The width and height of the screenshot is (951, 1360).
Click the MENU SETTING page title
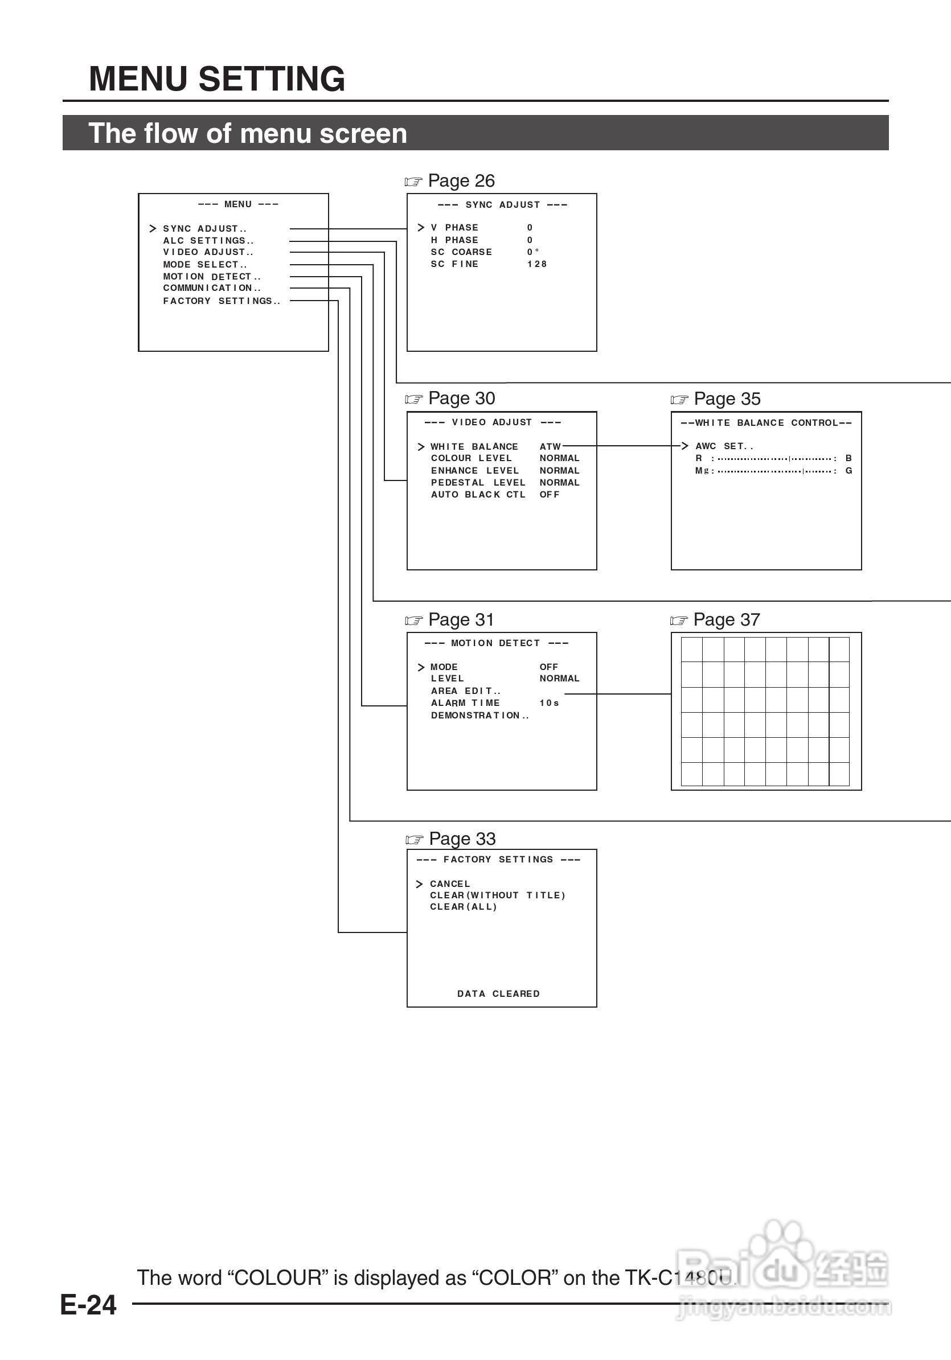click(x=217, y=79)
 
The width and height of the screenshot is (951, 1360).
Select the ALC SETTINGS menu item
click(x=208, y=241)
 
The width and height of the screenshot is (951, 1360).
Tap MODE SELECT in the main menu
click(x=204, y=265)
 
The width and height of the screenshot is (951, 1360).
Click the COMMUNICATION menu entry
click(x=211, y=289)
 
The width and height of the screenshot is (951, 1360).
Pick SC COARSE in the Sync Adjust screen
click(x=461, y=252)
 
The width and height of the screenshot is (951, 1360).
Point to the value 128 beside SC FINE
click(x=537, y=264)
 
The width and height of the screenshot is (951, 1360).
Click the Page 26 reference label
click(x=461, y=180)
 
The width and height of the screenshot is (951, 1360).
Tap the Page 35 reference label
click(x=727, y=398)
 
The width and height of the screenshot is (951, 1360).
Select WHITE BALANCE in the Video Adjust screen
click(x=474, y=447)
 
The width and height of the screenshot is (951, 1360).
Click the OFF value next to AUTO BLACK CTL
click(x=550, y=495)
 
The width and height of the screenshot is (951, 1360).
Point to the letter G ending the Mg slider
click(x=848, y=471)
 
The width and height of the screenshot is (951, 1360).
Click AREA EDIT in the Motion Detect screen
click(x=466, y=691)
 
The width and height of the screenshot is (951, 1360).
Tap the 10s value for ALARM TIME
click(x=549, y=703)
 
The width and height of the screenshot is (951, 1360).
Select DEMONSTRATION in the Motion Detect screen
click(x=479, y=716)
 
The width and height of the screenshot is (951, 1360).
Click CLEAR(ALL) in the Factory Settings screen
click(x=464, y=907)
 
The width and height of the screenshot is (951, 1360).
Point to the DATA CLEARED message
click(x=498, y=994)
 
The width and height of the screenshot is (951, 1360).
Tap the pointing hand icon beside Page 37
click(x=678, y=621)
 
